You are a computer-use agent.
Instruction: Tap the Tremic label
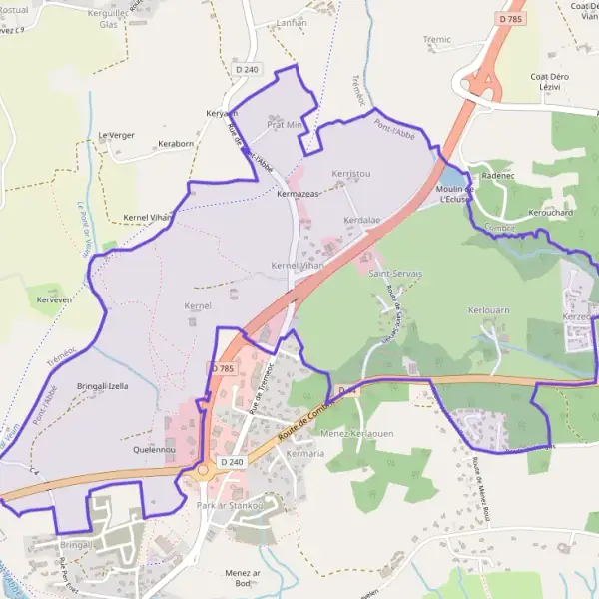tap(437, 40)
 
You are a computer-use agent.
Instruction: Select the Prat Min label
tap(285, 125)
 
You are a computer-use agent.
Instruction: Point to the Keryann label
tap(222, 113)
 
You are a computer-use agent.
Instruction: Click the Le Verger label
tap(116, 135)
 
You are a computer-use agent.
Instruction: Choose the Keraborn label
tap(176, 144)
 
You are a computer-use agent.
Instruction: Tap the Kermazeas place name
tap(299, 193)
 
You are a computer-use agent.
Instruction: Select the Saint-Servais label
tap(396, 272)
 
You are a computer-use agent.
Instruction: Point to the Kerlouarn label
tap(489, 310)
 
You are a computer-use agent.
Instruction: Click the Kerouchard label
tap(550, 213)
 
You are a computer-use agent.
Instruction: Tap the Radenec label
tap(497, 175)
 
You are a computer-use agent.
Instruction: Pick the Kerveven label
tap(54, 299)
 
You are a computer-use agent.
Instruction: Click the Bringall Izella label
tap(103, 385)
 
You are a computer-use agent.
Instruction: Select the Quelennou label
tap(154, 450)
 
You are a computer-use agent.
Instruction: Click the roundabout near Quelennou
tap(203, 470)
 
